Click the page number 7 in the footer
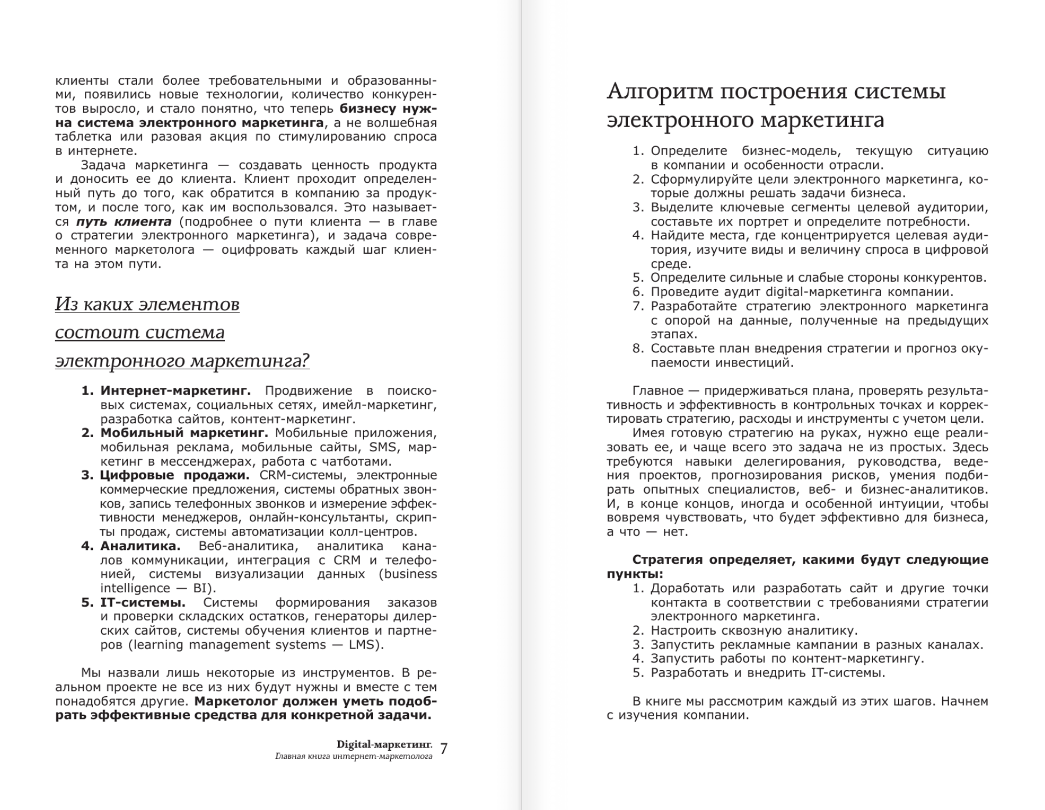point(444,749)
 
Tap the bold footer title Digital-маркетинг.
point(384,744)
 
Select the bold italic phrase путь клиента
point(124,222)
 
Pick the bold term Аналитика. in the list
point(140,546)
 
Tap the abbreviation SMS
point(383,448)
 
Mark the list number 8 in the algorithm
point(638,349)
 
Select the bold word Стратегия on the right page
point(665,560)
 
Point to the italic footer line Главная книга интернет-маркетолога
point(354,757)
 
